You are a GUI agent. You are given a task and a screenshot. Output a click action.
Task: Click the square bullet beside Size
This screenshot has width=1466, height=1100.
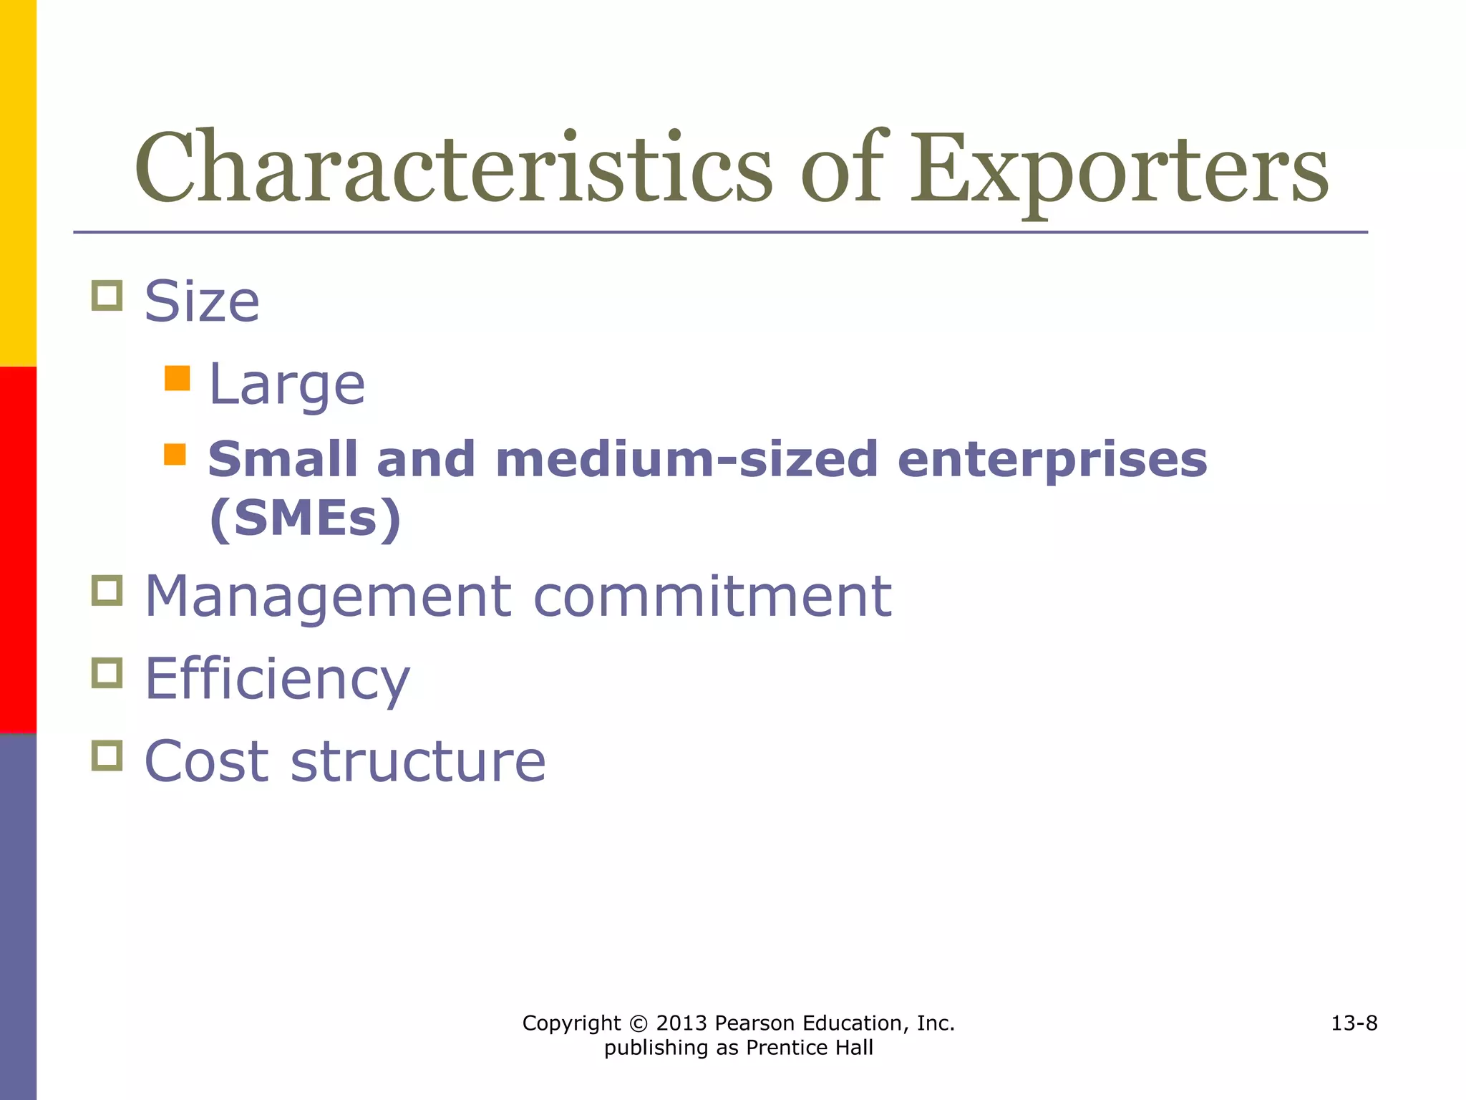[x=107, y=296]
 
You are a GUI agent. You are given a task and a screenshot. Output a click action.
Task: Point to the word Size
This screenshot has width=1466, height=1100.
[x=202, y=301]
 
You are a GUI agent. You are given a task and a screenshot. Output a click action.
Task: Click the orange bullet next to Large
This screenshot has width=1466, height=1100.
[x=177, y=378]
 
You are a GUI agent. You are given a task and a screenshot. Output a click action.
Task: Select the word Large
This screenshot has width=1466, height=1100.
[x=286, y=385]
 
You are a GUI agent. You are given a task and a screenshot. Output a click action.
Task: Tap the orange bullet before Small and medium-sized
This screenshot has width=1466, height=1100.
[x=175, y=454]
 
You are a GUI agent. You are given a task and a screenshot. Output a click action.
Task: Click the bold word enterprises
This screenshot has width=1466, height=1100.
[x=1052, y=460]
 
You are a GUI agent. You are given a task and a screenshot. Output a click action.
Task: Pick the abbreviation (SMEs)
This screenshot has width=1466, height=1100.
[x=305, y=518]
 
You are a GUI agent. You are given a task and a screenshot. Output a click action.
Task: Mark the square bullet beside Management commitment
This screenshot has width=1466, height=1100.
[x=107, y=591]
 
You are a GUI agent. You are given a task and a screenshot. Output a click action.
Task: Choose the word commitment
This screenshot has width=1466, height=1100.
[x=712, y=597]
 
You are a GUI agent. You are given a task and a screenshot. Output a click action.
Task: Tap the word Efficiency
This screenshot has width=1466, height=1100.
[x=277, y=680]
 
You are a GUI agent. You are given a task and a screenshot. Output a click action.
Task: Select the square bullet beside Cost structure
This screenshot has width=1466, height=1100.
[x=107, y=756]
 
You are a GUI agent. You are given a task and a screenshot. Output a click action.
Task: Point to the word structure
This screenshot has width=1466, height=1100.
[x=418, y=761]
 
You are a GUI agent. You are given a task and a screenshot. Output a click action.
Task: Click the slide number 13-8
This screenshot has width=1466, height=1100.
[x=1354, y=1023]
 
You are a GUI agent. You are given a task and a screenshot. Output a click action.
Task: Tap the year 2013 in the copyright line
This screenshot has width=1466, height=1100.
[x=681, y=1023]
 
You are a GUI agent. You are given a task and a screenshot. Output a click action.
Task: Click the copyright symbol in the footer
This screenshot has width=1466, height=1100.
[x=639, y=1023]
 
